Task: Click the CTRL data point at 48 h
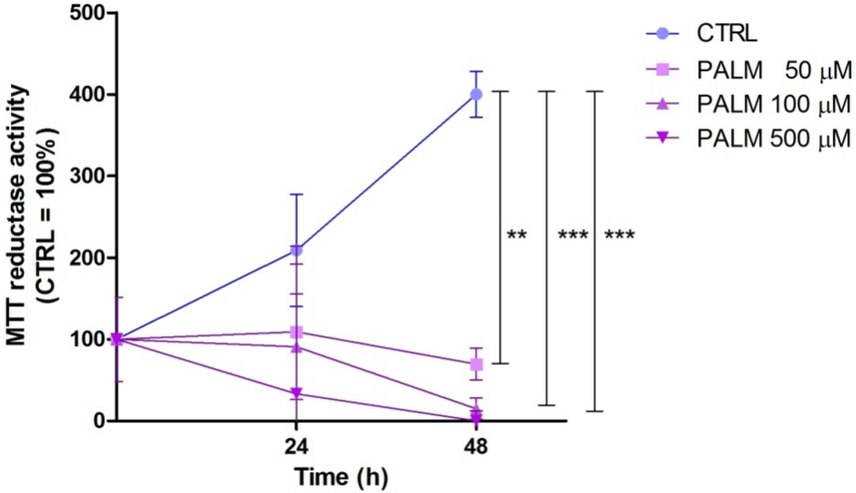(x=476, y=94)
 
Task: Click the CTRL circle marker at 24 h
(x=296, y=251)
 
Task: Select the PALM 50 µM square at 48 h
(x=476, y=365)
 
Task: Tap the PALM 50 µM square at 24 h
(x=296, y=332)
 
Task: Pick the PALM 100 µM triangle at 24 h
(x=296, y=347)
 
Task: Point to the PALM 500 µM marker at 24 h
(x=296, y=394)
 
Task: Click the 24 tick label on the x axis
(x=296, y=446)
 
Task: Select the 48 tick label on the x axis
(x=476, y=446)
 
